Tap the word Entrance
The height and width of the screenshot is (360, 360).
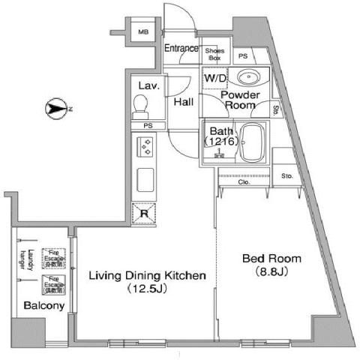pyautogui.click(x=181, y=49)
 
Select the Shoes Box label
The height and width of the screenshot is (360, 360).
pyautogui.click(x=214, y=53)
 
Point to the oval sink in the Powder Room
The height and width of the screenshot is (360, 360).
pyautogui.click(x=247, y=78)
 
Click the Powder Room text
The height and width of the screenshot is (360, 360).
pyautogui.click(x=241, y=100)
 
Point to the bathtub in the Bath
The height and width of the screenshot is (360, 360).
pyautogui.click(x=253, y=142)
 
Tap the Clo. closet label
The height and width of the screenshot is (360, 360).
pyautogui.click(x=244, y=181)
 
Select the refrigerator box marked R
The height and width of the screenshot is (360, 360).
pyautogui.click(x=145, y=213)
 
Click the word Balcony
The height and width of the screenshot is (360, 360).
pyautogui.click(x=43, y=306)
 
